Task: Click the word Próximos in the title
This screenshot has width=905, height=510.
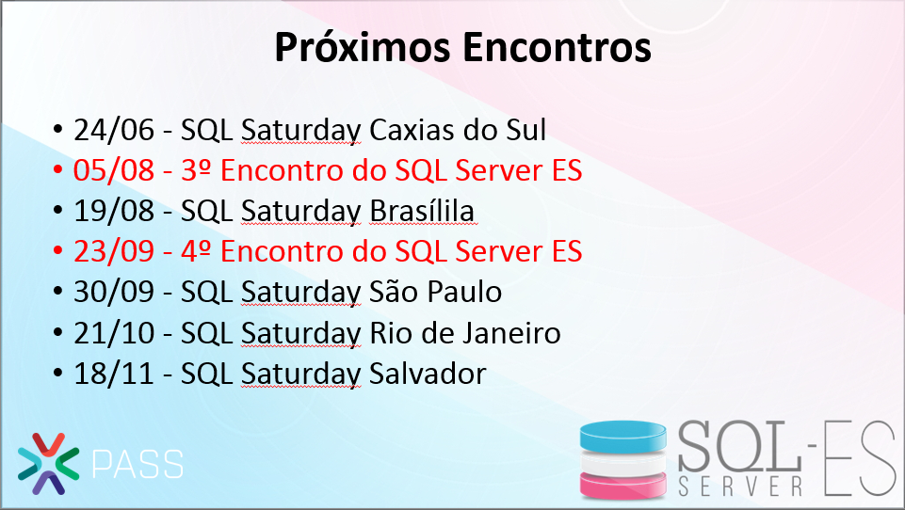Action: coord(362,48)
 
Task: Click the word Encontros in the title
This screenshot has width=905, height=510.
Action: coord(557,47)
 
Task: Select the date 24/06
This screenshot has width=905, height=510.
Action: coord(114,130)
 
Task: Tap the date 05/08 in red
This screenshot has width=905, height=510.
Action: coord(114,170)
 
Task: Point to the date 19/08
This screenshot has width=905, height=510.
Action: coord(114,211)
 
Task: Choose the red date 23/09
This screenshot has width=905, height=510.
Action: coord(114,251)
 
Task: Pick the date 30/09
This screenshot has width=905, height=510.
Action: coord(114,292)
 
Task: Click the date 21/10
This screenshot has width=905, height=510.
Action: coord(114,333)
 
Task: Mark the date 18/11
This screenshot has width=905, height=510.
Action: coord(114,374)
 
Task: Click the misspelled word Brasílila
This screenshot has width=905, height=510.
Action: coord(422,211)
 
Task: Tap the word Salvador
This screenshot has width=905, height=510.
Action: coord(428,374)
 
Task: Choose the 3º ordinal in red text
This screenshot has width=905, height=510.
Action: coord(196,170)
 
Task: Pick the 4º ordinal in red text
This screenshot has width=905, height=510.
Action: coord(196,251)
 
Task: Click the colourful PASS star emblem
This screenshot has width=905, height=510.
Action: coord(48,464)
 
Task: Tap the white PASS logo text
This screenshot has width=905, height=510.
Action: coord(137,464)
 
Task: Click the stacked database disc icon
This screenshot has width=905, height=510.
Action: coord(622,459)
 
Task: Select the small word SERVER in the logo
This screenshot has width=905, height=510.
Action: coord(740,486)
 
